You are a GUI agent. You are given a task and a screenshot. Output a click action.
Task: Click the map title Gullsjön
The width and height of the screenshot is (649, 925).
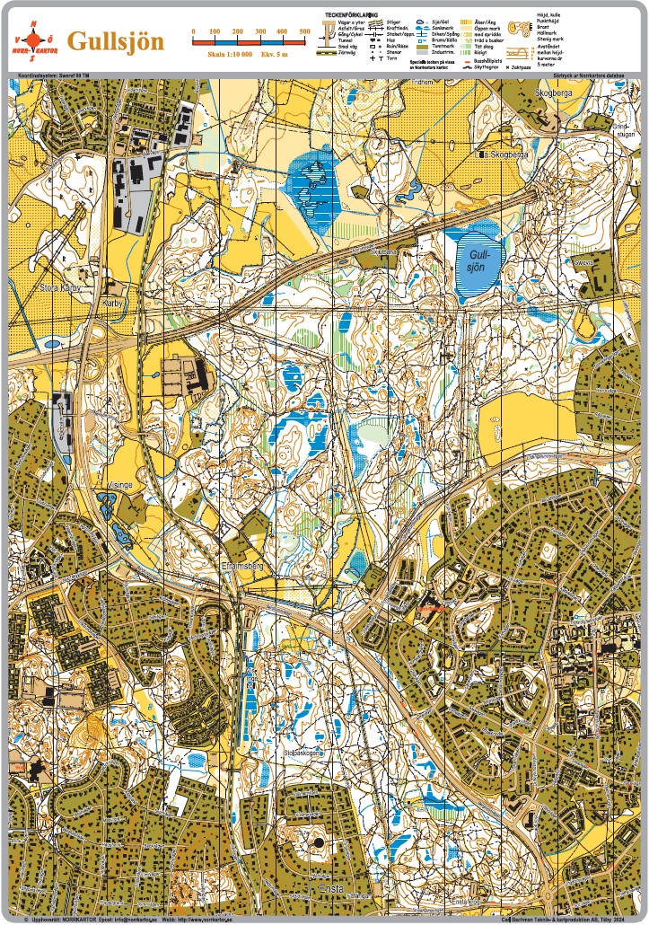click(x=115, y=41)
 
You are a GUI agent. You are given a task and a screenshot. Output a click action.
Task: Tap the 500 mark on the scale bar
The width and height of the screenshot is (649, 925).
click(x=304, y=32)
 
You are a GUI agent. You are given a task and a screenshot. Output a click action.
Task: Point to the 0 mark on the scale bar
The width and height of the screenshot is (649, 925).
click(x=193, y=32)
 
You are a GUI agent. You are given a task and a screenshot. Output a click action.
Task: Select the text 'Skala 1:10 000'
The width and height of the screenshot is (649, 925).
click(x=228, y=55)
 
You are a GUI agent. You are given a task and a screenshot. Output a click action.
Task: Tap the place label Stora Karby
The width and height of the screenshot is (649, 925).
click(x=61, y=288)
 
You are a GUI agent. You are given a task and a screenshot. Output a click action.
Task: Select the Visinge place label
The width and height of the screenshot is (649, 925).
click(x=119, y=484)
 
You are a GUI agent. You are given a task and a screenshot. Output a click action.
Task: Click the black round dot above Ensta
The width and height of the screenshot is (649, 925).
click(x=319, y=842)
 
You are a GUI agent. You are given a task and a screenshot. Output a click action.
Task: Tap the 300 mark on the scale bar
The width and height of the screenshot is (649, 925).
click(x=259, y=32)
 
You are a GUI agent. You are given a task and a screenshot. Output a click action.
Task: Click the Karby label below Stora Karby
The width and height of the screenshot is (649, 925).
click(x=113, y=303)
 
